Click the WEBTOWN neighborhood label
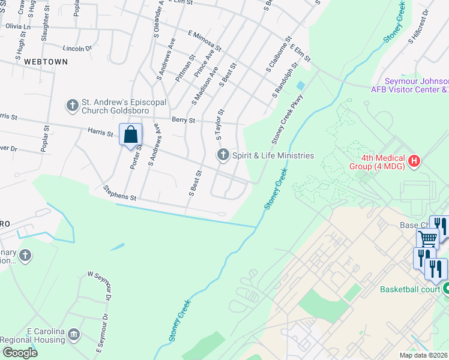pos(41,62)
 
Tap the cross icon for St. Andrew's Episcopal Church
pos(72,106)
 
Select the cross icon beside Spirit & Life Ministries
pos(223,155)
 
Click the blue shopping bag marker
pos(130,134)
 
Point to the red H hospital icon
pos(414,161)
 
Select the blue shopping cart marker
pos(427,238)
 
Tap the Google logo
pos(19,353)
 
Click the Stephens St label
pos(120,193)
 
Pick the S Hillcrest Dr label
pos(419,26)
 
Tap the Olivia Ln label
pos(18,26)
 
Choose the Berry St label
pos(183,120)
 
